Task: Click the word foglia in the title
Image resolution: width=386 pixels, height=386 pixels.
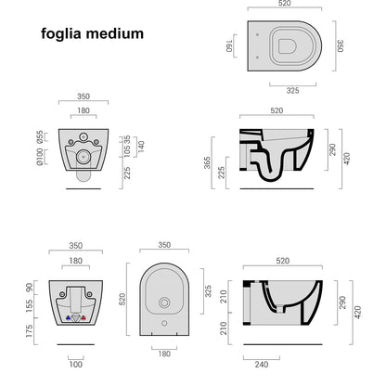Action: (61, 33)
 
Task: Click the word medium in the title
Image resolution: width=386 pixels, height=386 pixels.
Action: (115, 33)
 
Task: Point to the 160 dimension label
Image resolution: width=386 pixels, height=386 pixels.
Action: (229, 45)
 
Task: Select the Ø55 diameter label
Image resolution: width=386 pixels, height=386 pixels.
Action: (40, 136)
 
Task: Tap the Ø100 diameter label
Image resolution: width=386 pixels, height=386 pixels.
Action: (40, 157)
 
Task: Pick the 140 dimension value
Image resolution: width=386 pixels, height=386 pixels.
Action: (141, 147)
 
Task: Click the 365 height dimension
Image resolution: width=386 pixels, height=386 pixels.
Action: (207, 162)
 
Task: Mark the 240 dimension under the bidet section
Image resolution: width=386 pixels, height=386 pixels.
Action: (262, 365)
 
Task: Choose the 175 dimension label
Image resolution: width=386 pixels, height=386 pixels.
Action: (29, 331)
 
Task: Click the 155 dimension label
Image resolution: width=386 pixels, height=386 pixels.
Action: (29, 306)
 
